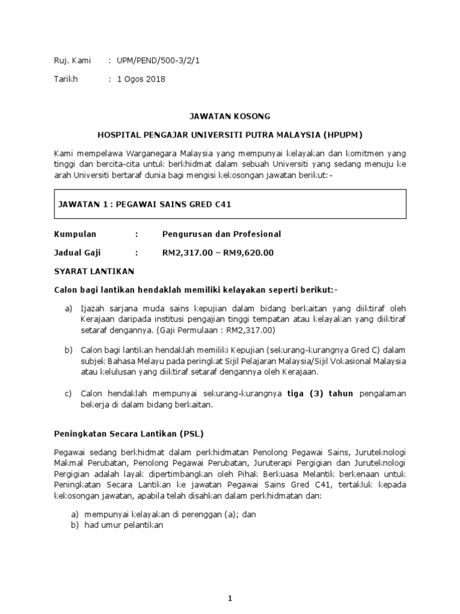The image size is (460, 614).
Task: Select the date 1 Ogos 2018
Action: pyautogui.click(x=141, y=79)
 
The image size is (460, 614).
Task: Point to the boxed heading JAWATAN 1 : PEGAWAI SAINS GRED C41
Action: pyautogui.click(x=144, y=204)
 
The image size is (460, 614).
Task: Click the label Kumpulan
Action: pyautogui.click(x=75, y=234)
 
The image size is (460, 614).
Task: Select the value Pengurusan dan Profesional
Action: pyautogui.click(x=222, y=234)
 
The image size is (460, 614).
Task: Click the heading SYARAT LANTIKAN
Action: pyautogui.click(x=94, y=271)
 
